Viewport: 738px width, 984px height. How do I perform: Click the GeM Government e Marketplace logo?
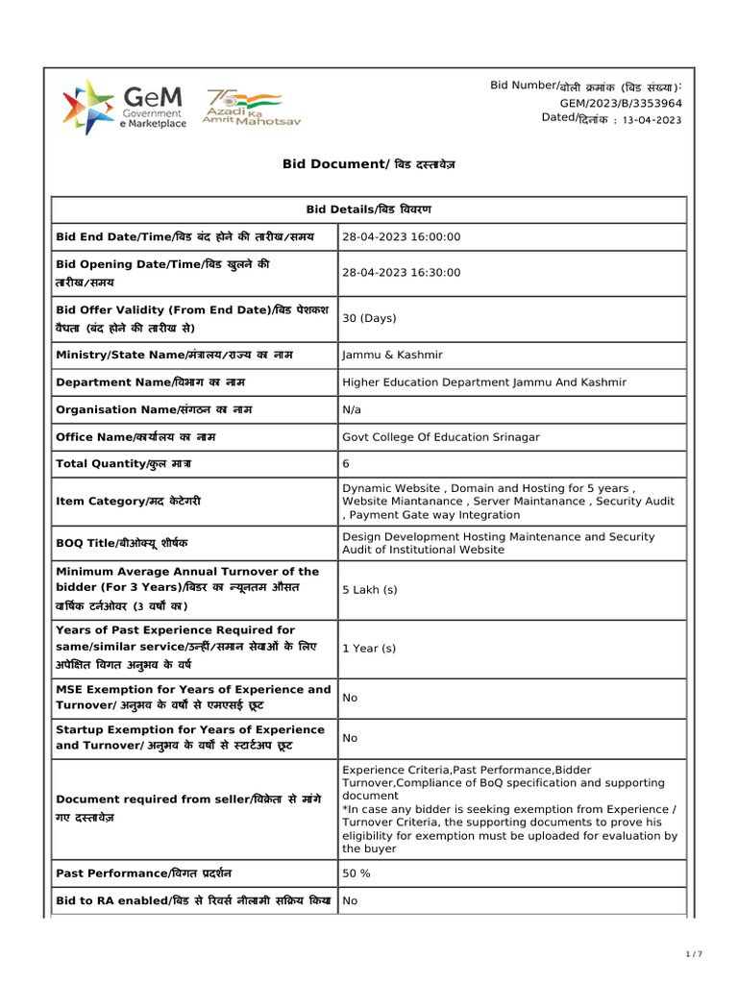(x=124, y=108)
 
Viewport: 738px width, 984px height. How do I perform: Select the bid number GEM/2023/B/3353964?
(x=621, y=103)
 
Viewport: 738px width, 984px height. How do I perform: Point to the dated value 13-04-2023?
(x=652, y=120)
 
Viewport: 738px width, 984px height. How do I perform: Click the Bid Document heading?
(x=368, y=164)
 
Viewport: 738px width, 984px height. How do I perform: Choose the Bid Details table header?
(x=368, y=209)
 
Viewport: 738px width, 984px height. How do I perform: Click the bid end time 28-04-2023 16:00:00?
(x=402, y=237)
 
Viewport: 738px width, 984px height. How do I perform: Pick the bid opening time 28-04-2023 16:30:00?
(x=402, y=273)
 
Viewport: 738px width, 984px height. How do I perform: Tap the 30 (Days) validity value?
(x=369, y=318)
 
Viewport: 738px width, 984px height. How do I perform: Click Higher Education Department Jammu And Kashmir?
(x=483, y=382)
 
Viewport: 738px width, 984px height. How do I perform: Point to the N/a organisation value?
(x=352, y=409)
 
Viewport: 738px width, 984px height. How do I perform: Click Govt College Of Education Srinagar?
(x=441, y=437)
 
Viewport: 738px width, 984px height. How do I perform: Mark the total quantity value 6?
(x=346, y=464)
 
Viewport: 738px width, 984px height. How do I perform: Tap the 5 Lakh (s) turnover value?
(x=369, y=590)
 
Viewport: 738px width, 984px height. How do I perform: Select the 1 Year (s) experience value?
(x=369, y=649)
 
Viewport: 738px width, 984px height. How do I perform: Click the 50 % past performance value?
(x=357, y=873)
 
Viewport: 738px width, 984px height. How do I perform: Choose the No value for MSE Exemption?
(x=350, y=698)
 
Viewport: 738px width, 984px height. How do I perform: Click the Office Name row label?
(x=135, y=437)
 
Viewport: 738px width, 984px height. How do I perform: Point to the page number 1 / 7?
(x=694, y=954)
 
